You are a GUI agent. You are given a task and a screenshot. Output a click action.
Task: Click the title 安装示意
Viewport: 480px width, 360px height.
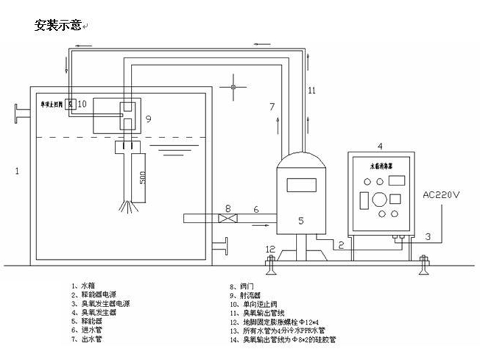pos(60,26)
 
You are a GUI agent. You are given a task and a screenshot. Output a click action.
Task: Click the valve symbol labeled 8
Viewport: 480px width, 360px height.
pos(227,219)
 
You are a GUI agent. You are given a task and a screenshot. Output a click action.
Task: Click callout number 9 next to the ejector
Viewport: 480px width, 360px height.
pos(148,119)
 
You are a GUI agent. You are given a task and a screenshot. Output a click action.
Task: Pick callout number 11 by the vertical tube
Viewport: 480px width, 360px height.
pos(311,91)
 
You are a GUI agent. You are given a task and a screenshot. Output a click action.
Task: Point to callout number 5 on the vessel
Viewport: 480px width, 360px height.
pos(301,220)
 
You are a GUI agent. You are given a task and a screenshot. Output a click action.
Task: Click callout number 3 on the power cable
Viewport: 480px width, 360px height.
pos(428,238)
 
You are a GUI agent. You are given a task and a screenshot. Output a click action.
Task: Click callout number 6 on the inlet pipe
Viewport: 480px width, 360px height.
pos(256,209)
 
